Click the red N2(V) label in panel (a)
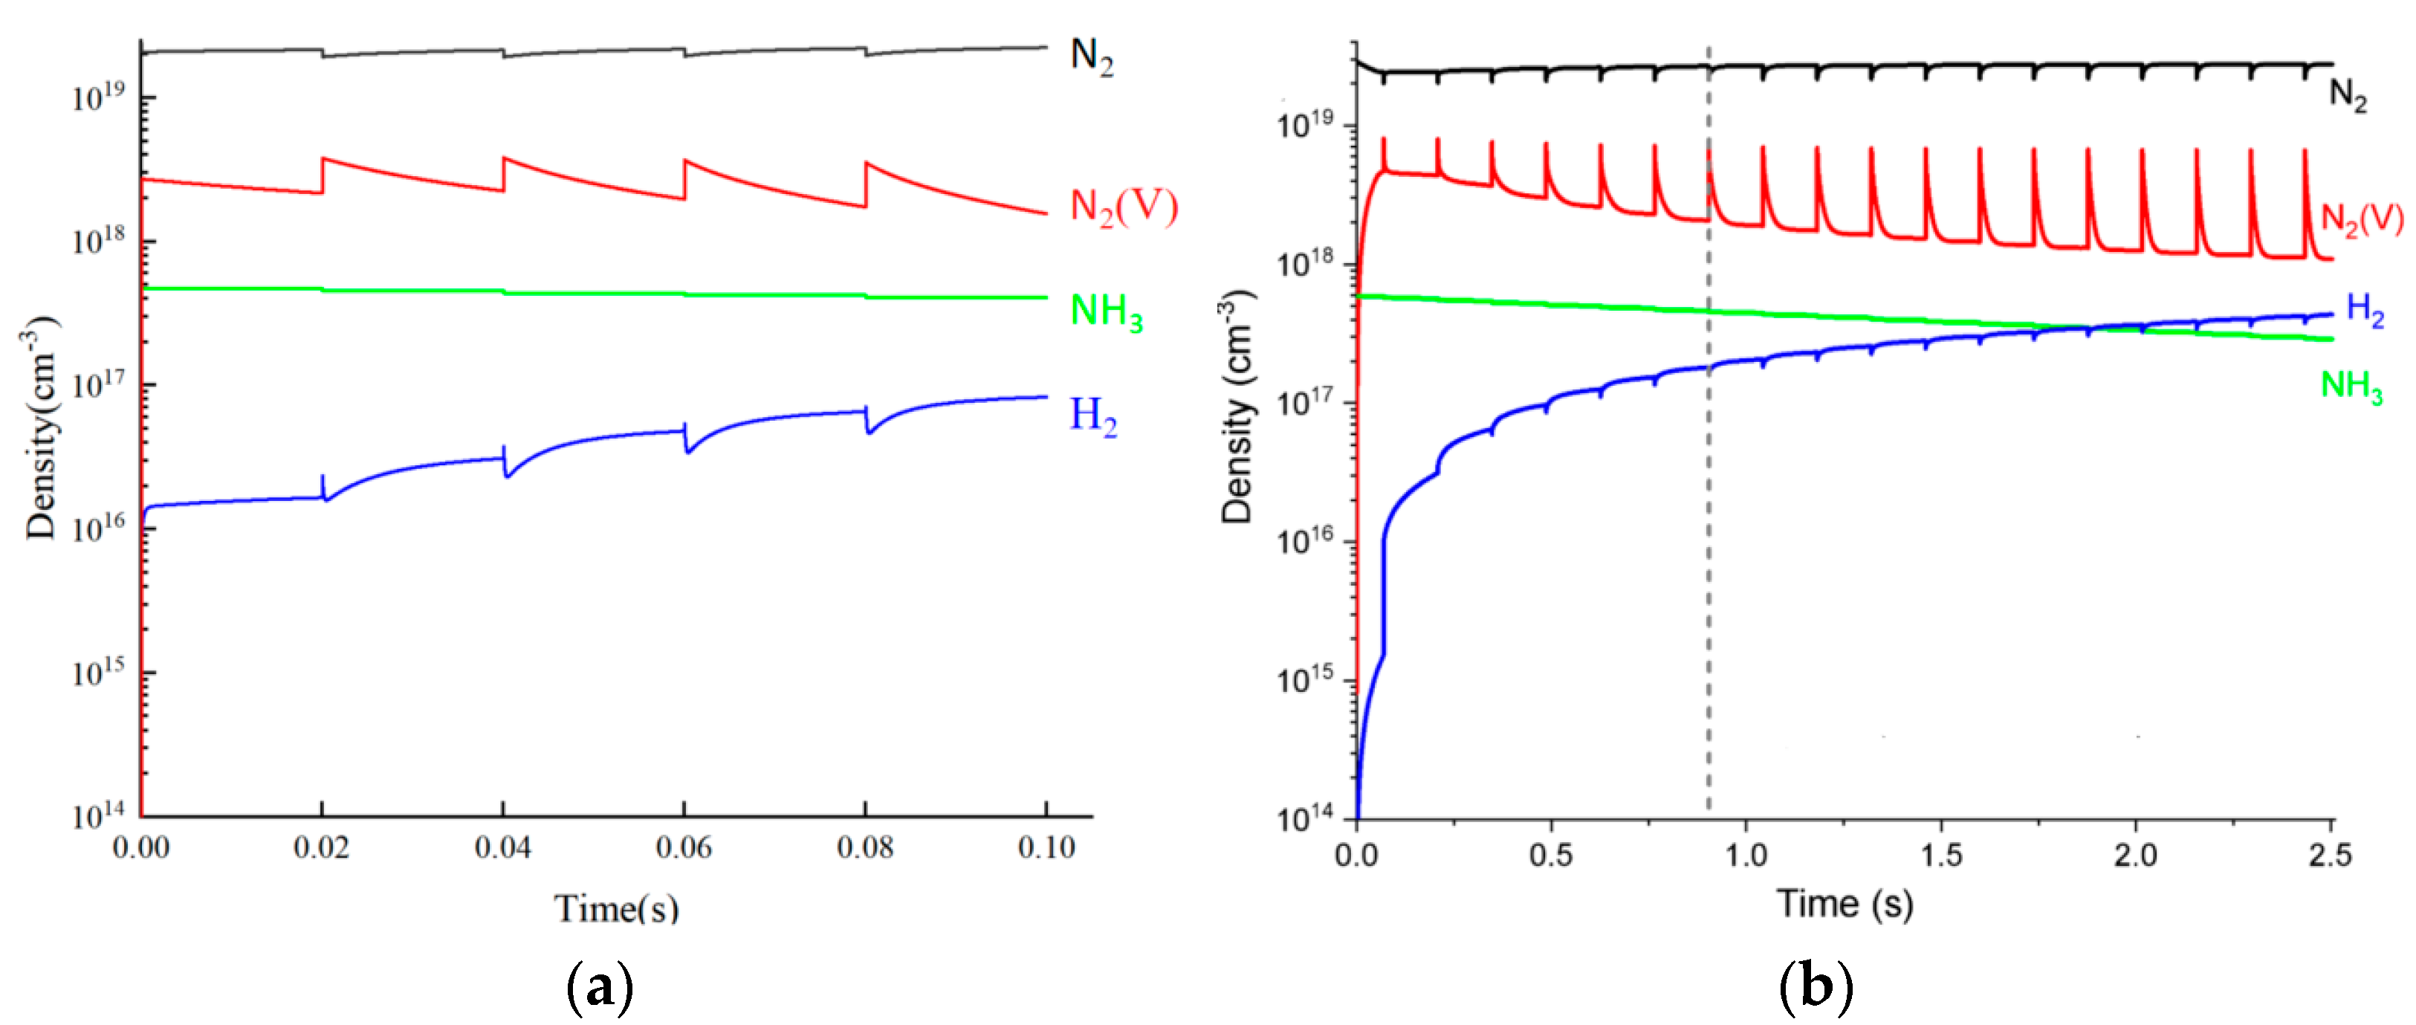[1123, 207]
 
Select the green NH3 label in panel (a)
[1106, 311]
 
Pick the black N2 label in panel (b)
[2348, 94]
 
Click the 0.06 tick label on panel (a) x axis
[684, 848]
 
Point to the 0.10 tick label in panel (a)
[1046, 848]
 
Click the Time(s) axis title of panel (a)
[616, 908]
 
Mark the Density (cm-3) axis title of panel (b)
[1238, 405]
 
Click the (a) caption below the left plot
[600, 986]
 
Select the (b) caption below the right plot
[1816, 986]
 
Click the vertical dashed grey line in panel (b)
[1708, 563]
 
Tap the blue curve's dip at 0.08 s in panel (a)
[869, 430]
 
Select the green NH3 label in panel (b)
[2351, 386]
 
